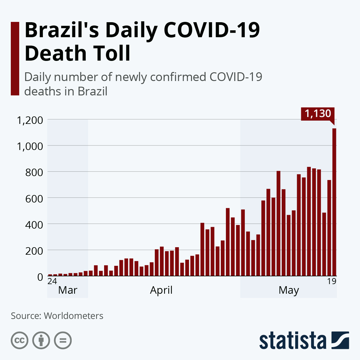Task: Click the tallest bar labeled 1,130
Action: (334, 202)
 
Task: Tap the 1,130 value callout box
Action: (318, 114)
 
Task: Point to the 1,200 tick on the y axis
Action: (30, 120)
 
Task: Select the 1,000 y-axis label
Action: (30, 146)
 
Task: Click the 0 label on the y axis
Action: (40, 277)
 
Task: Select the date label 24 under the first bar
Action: (52, 281)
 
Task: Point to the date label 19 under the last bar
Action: (331, 281)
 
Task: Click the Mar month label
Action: (67, 290)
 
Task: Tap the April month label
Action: (161, 290)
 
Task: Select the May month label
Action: (289, 291)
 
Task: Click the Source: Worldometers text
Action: (57, 316)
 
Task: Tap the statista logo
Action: (304, 340)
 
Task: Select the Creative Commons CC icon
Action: (19, 340)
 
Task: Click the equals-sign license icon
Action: (63, 340)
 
